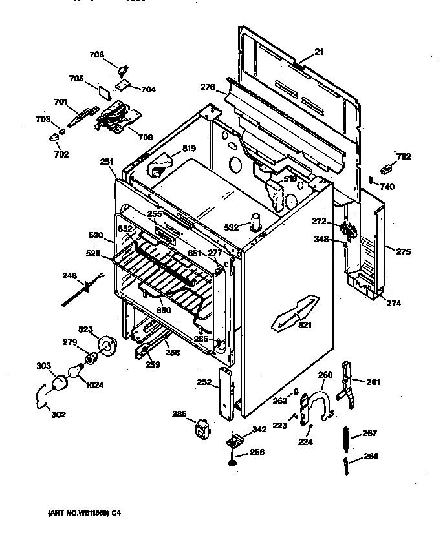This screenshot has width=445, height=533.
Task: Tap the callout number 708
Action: coord(96,55)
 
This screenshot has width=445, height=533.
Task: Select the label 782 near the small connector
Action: coord(403,156)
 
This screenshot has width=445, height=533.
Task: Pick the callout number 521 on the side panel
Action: coord(305,325)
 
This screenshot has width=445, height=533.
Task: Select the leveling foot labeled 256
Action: coord(231,460)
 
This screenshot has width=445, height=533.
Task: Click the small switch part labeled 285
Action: coord(201,428)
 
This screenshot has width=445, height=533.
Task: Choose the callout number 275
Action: coord(403,252)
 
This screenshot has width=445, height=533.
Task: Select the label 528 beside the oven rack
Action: coord(94,254)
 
